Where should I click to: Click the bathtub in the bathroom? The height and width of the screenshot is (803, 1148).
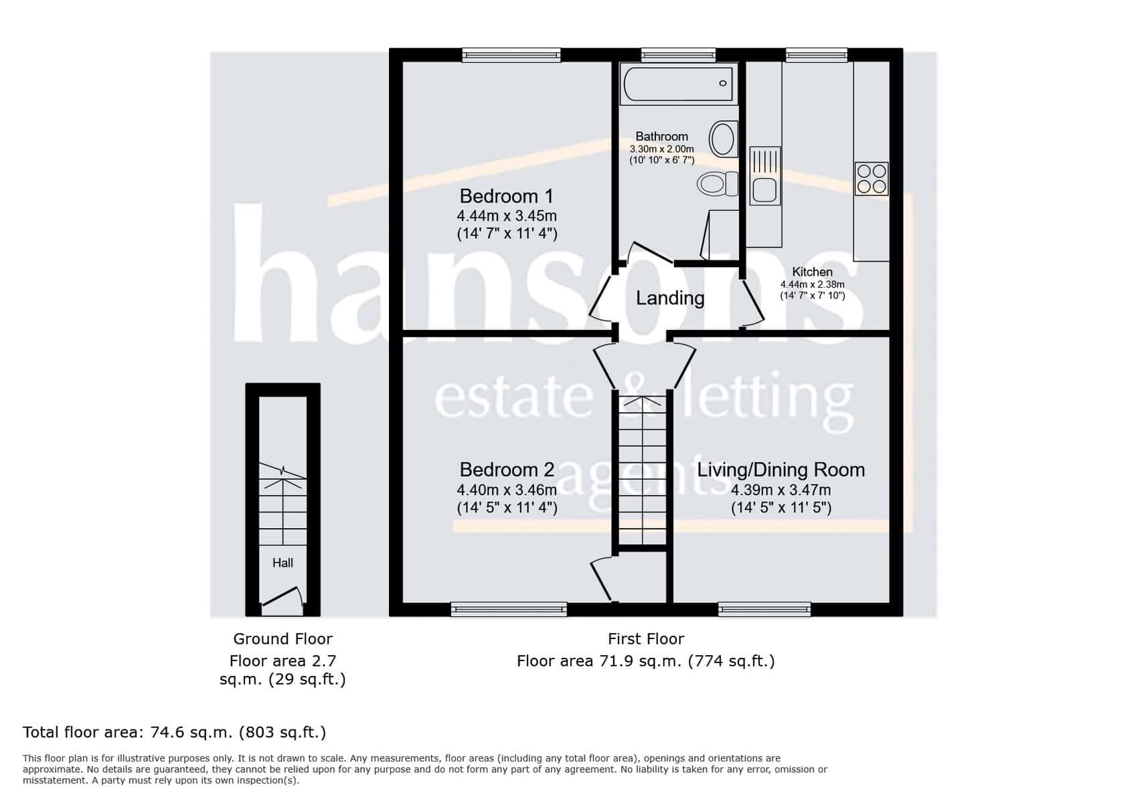(679, 84)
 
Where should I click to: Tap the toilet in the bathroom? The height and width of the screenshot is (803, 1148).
(717, 183)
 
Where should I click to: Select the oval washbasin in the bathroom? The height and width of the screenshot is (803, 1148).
(723, 139)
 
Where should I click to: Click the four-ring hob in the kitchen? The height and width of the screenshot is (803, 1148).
(872, 179)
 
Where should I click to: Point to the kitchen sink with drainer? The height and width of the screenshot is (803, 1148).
(764, 175)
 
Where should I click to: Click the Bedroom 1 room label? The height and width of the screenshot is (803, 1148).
(507, 196)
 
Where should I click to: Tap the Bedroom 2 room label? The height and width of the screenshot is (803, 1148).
(507, 470)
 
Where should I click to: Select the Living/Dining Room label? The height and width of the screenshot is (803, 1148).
(781, 470)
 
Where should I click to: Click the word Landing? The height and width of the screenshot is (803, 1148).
(670, 298)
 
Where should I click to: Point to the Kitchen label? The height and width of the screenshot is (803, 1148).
(813, 272)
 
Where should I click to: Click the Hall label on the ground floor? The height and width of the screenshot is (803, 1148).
(282, 563)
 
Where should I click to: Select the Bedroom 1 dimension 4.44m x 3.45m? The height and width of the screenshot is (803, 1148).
(507, 216)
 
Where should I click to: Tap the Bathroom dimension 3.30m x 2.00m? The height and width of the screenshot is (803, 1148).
(661, 149)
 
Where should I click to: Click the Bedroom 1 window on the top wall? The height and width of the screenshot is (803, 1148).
(511, 55)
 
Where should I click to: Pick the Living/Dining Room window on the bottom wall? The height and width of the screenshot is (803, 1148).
(764, 609)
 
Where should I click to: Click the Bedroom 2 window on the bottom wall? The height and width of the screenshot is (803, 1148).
(509, 609)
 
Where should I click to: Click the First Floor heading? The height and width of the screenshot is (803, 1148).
(646, 639)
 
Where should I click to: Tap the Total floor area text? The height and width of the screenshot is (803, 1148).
(174, 732)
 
